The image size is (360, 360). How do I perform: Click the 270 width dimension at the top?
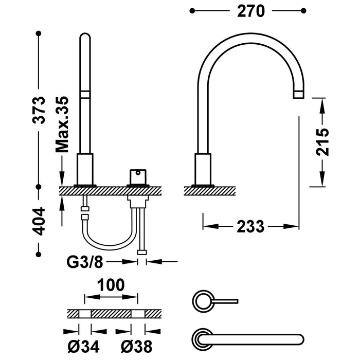tap(250, 11)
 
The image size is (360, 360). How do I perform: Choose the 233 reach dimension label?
tap(250, 226)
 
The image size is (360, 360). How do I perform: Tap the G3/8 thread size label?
tap(85, 262)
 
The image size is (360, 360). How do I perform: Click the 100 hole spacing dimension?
tap(112, 285)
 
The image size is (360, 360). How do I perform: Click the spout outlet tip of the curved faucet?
tap(299, 94)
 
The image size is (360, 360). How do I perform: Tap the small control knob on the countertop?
tap(138, 176)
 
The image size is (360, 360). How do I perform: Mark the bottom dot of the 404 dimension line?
tap(39, 253)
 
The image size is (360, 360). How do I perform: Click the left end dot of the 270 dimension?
tap(192, 10)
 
